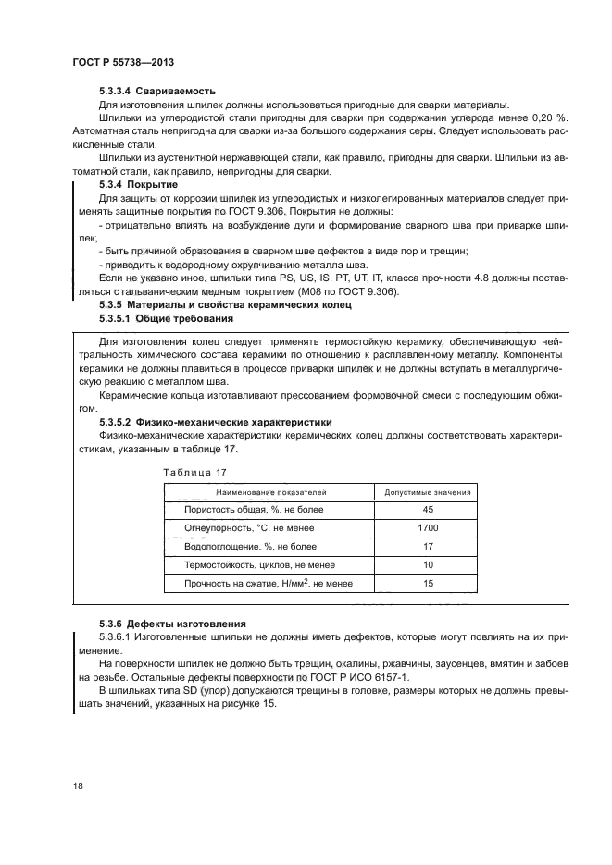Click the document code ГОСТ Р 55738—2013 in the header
123,61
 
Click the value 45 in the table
427,510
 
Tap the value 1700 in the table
427,527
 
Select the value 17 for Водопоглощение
427,546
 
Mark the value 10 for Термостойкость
427,564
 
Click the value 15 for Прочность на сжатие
427,583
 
